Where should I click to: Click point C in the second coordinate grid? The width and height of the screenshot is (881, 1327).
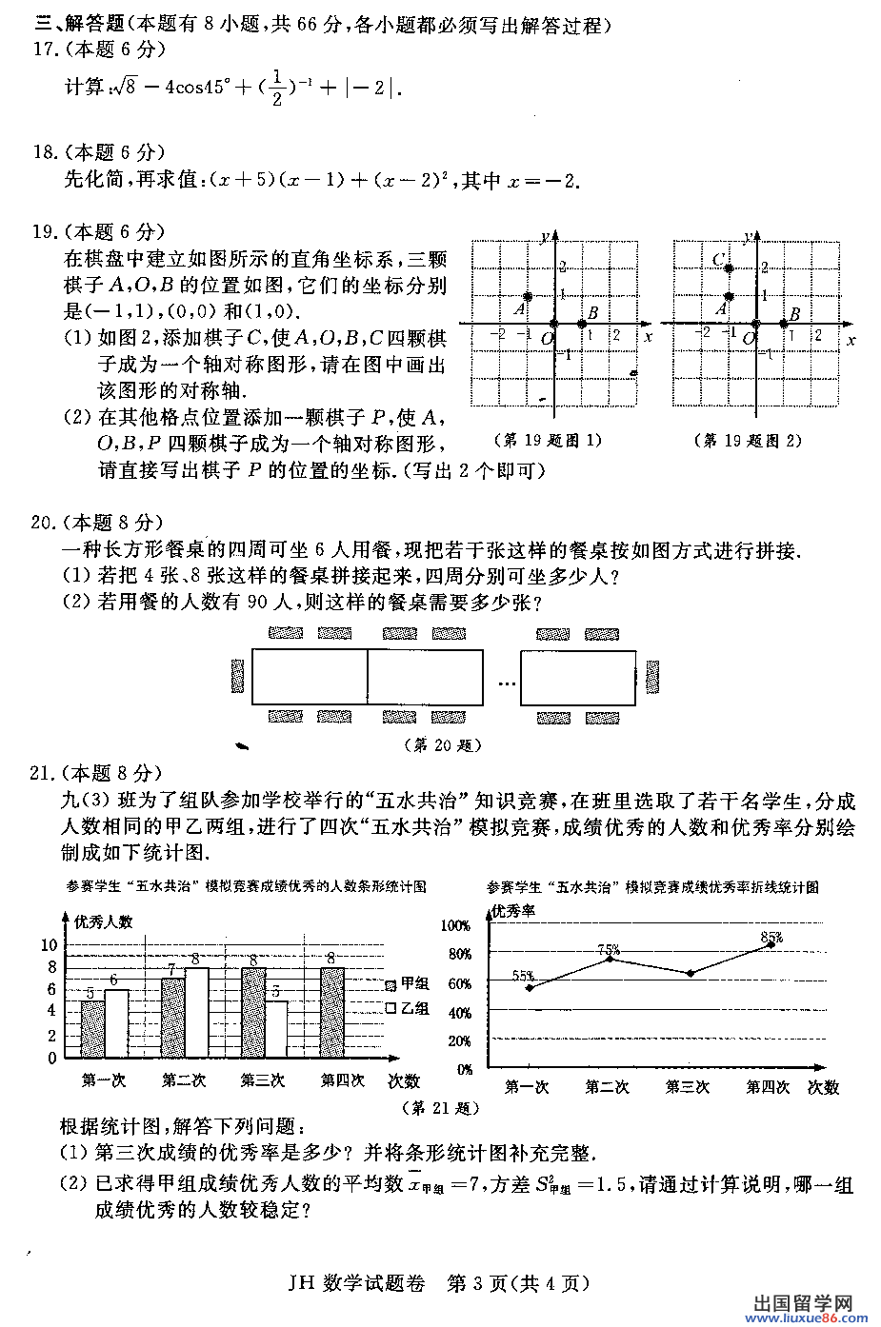(730, 268)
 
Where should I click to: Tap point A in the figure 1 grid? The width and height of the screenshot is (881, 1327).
(529, 297)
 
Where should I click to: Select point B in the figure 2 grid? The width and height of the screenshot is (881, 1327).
(784, 324)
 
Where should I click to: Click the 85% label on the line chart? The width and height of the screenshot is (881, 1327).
(771, 938)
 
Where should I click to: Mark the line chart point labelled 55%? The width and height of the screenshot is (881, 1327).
(530, 987)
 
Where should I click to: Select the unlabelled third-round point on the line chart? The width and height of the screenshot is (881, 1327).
(690, 973)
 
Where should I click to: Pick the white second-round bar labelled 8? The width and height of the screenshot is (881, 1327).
(196, 1013)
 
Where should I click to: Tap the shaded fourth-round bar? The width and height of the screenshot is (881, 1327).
(331, 1013)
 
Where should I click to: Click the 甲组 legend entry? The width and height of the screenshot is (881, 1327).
(408, 984)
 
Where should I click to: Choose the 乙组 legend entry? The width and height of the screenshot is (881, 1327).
(408, 1008)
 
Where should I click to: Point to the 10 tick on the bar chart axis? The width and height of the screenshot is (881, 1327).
(49, 945)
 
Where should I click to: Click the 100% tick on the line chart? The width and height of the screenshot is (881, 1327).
(455, 925)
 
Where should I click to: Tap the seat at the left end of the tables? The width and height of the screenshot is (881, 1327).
(238, 677)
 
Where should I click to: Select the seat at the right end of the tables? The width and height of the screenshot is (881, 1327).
(652, 677)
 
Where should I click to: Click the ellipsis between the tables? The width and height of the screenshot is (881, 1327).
(506, 683)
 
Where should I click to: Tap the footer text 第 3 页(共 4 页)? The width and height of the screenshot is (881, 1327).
(519, 1283)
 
